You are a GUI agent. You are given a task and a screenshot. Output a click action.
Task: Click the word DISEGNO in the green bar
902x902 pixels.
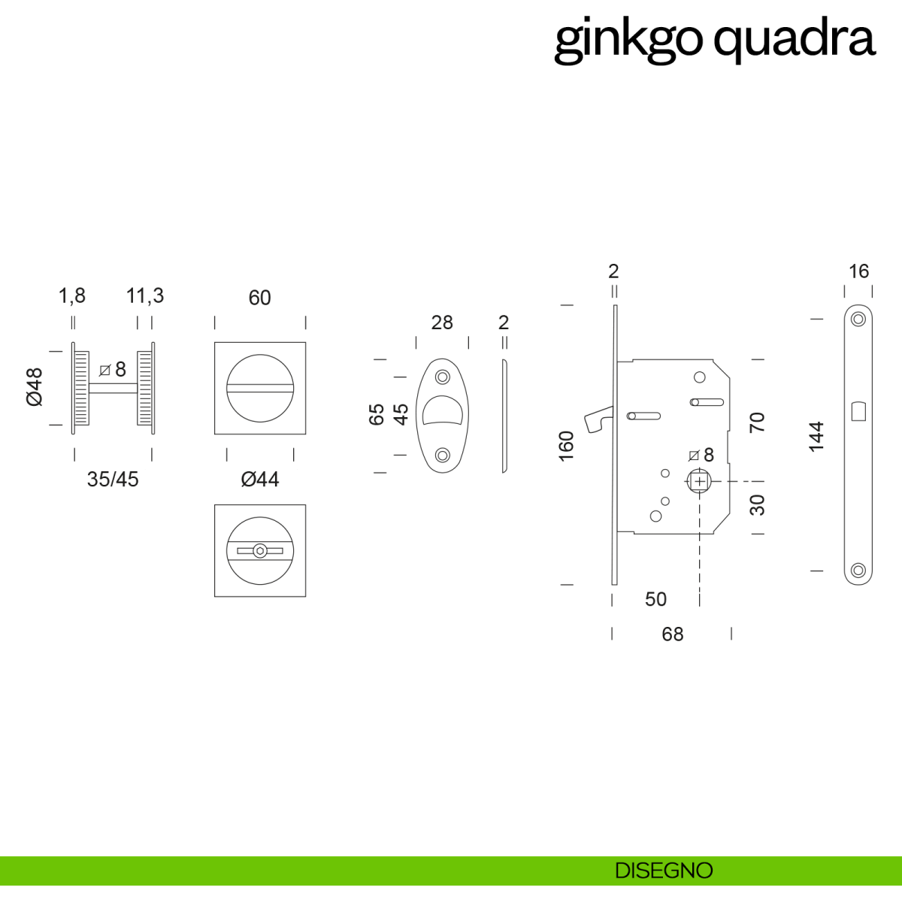[664, 870]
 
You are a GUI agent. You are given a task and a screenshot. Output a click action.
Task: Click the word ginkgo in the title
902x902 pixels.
[628, 39]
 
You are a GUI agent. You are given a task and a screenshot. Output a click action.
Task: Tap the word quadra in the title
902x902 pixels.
[794, 39]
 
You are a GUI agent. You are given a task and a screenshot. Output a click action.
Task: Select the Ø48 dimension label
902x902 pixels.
[35, 387]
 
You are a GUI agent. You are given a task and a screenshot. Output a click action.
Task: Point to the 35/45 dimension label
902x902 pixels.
[113, 480]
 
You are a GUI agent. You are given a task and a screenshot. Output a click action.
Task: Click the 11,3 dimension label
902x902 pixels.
[145, 296]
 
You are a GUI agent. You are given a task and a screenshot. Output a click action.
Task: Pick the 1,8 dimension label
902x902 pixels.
[72, 296]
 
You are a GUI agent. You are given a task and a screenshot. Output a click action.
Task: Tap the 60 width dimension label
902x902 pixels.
[259, 298]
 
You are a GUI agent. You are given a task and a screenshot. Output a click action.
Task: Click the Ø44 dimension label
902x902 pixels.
[260, 480]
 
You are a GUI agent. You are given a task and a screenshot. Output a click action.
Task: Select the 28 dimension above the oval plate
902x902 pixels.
[442, 322]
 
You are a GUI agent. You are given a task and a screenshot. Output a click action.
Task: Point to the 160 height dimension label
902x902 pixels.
[567, 446]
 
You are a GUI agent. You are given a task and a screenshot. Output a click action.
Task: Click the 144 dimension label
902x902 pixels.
[816, 437]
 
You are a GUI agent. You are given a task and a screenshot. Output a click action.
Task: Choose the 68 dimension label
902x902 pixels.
[673, 634]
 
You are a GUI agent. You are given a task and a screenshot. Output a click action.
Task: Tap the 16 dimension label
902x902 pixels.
[858, 271]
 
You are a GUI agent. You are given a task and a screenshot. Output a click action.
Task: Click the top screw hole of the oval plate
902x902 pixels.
[443, 377]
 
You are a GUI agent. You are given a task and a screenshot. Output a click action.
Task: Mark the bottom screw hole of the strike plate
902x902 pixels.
[858, 571]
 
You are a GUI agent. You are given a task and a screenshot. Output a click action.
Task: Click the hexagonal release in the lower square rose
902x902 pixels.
[259, 551]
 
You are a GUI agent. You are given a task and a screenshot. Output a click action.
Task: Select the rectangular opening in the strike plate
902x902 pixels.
[858, 411]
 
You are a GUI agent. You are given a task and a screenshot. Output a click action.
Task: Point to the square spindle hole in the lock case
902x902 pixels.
[700, 481]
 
